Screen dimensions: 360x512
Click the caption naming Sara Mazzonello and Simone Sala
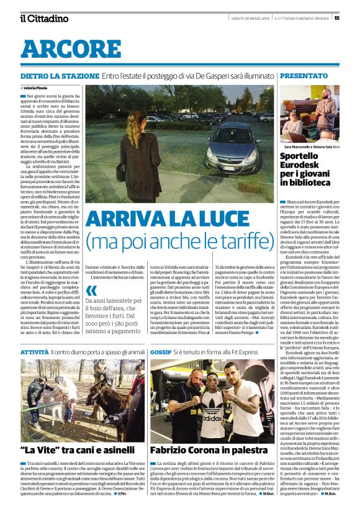pyautogui.click(x=308, y=145)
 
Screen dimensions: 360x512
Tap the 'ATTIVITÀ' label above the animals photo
pyautogui.click(x=34, y=352)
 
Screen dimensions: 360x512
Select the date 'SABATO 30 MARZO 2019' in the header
pyautogui.click(x=251, y=17)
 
